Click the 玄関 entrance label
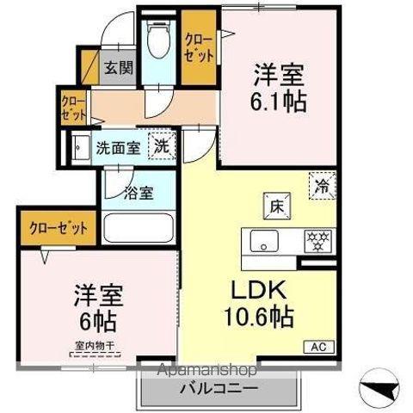coord(120,68)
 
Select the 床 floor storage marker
coord(279,206)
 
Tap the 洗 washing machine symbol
coord(162,145)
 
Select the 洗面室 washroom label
coord(118,147)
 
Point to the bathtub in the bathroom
coord(139,231)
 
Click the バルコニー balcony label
coord(218,389)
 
